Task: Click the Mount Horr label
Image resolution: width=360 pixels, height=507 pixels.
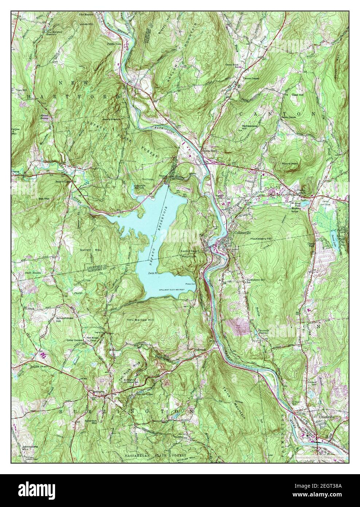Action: pyautogui.click(x=290, y=164)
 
